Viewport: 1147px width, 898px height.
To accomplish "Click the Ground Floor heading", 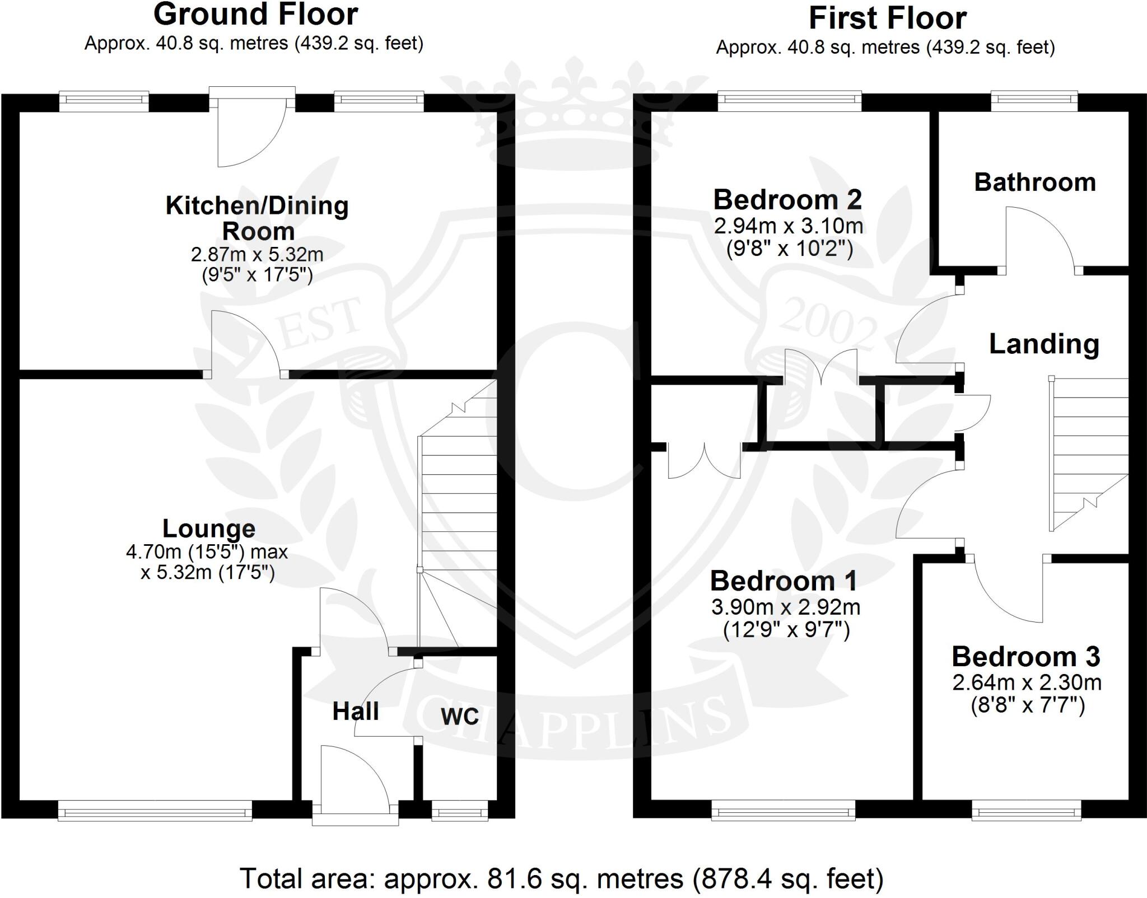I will pos(255,15).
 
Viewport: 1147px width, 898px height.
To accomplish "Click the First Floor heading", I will pos(887,18).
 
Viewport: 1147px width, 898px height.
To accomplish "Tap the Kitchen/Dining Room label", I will pos(257,218).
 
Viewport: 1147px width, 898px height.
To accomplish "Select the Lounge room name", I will pos(209,528).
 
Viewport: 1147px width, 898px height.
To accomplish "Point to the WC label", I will pos(460,716).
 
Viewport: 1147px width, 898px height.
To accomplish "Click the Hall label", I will pos(356,712).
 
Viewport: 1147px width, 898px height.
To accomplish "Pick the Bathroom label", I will pos(1035,183).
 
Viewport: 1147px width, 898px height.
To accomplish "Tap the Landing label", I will pos(1044,344).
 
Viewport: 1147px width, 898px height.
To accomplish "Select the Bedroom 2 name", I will pos(787,200).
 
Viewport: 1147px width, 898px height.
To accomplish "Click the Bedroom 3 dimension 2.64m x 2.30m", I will pos(1027,683).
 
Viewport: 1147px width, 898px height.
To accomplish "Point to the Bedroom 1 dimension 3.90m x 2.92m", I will pos(786,607).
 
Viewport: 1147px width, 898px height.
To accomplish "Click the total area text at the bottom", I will pos(562,878).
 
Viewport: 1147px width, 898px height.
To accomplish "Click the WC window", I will pos(459,811).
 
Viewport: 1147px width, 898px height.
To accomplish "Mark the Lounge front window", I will pos(155,810).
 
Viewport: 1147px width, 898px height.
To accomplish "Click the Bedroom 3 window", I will pos(1026,811).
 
